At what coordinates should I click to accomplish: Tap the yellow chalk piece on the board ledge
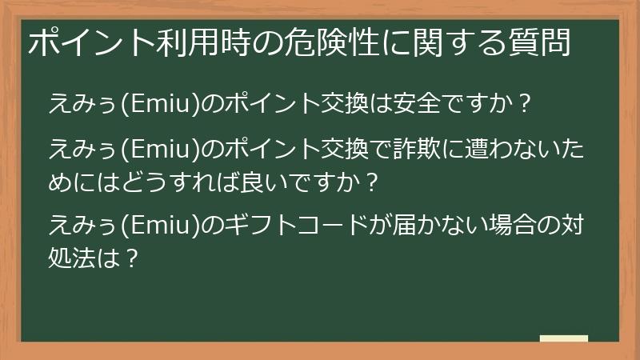564,338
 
